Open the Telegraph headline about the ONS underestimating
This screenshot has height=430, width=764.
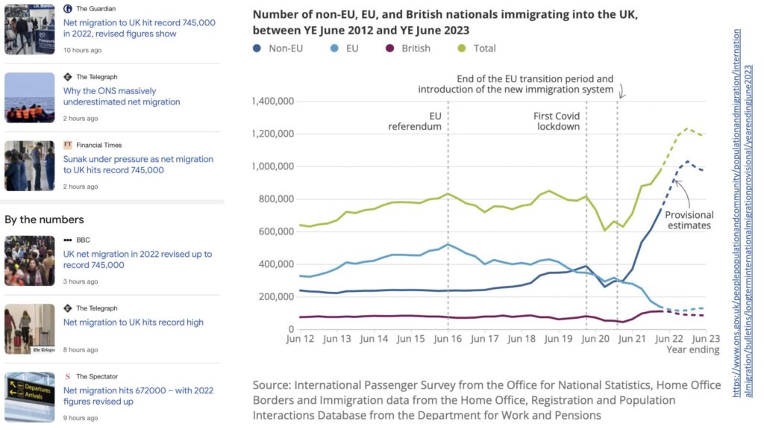click(x=122, y=96)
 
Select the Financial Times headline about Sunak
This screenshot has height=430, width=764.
click(x=138, y=164)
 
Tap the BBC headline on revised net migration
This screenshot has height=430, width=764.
click(x=137, y=260)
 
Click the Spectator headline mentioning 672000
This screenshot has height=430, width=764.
click(x=138, y=396)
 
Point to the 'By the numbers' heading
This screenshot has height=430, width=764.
click(x=44, y=219)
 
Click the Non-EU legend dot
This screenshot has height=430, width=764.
click(x=257, y=49)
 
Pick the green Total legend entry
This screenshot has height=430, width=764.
click(x=476, y=49)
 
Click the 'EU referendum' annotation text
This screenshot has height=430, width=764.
click(x=415, y=121)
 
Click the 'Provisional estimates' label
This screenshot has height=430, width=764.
click(x=690, y=219)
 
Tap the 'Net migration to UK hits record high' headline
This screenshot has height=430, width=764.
click(x=134, y=322)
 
